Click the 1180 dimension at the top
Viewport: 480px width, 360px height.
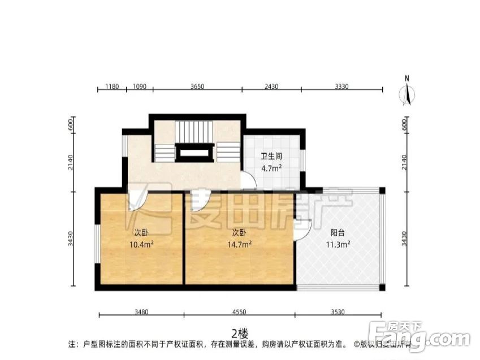point(111,86)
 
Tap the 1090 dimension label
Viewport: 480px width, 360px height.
point(139,86)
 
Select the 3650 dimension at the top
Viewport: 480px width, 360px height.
point(197,86)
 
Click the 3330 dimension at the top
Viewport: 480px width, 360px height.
point(341,86)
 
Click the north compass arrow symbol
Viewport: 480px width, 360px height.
point(407,92)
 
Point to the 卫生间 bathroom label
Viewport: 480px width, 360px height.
point(271,157)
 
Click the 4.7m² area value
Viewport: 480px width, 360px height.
point(271,168)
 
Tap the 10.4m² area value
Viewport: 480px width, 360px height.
point(141,244)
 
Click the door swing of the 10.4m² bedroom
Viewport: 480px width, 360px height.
point(137,201)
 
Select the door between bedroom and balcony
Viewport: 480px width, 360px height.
point(302,229)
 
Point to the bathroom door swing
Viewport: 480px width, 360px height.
point(248,181)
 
